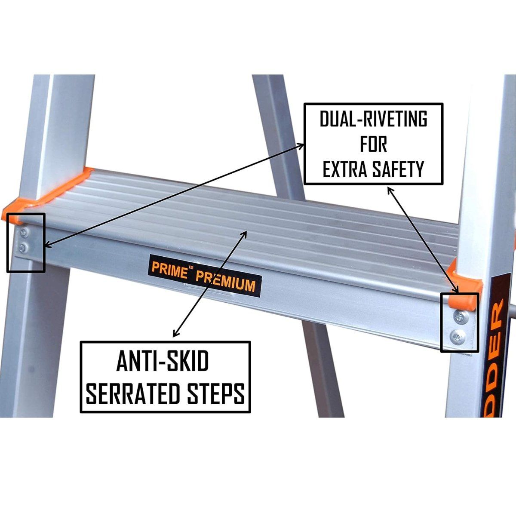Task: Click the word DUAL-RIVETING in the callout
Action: [373, 119]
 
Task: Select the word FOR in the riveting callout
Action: [373, 144]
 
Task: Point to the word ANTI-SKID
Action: [163, 362]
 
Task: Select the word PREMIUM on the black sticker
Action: [226, 281]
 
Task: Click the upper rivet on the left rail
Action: [25, 233]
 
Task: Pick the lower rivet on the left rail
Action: [25, 247]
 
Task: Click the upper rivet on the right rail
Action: [458, 317]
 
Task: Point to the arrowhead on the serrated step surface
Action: [245, 233]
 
